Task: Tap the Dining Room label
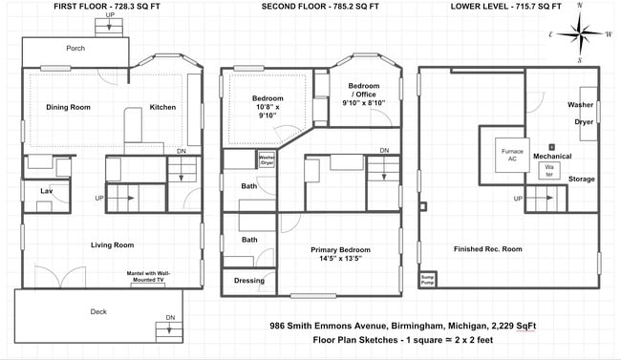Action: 68,108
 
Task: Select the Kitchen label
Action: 162,108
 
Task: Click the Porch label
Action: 75,48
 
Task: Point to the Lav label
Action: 45,192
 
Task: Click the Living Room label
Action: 112,245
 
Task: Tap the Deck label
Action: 98,310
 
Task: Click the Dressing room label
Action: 249,281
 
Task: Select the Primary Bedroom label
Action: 338,253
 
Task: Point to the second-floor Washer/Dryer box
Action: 267,160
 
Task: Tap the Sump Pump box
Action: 428,279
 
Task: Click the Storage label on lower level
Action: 581,179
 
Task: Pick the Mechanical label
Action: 552,156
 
